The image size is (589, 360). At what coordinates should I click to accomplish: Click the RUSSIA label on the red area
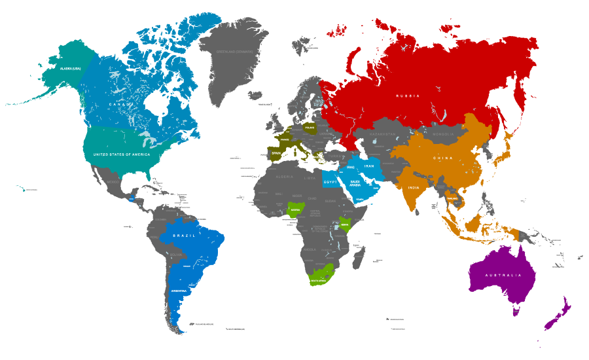407,96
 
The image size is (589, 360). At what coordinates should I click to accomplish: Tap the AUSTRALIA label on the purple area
503,275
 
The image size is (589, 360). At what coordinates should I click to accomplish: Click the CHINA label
442,158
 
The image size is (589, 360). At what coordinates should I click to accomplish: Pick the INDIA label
414,188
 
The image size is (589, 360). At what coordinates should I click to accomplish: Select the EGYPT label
330,181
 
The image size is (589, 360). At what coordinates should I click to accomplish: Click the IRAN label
369,166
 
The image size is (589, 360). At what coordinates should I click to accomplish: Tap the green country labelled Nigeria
296,210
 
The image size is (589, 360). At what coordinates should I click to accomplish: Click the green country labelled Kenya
344,224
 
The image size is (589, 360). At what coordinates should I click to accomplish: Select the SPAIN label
276,154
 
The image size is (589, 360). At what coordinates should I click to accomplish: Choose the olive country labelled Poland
310,128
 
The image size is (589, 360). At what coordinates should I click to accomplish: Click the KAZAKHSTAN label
383,134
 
